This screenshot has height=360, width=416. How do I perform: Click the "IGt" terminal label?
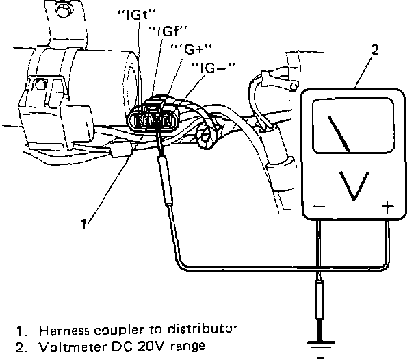point(136,15)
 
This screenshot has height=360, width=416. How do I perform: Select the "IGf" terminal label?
point(168,31)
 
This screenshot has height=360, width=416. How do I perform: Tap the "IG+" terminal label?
point(191,49)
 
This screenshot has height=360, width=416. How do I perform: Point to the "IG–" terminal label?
point(213,68)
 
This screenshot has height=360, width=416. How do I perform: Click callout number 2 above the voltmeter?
point(375,50)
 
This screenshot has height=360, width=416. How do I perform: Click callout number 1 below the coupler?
point(84,224)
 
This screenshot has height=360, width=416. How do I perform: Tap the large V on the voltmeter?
point(354,186)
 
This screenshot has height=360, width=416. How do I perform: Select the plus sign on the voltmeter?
point(388,207)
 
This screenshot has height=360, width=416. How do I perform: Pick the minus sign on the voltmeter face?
point(319,207)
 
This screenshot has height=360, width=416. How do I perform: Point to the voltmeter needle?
point(339,135)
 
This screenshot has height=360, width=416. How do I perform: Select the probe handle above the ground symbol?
point(320,300)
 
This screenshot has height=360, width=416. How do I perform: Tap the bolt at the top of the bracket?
point(63,10)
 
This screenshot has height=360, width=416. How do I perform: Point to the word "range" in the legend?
point(187,347)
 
